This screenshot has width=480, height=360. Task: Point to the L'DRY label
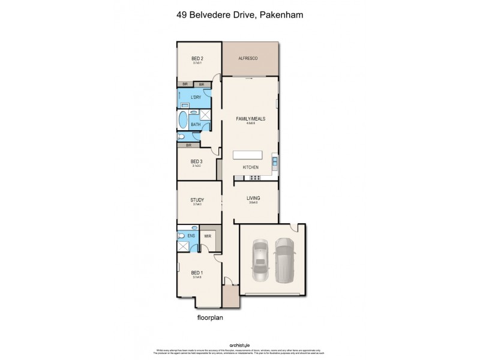(196, 97)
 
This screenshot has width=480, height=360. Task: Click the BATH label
(195, 125)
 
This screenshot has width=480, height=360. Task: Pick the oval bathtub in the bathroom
(183, 119)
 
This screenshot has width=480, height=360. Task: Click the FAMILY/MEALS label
(250, 119)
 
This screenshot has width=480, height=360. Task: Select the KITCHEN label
(250, 167)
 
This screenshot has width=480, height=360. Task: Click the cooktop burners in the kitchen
(254, 177)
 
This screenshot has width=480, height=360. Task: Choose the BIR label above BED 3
(188, 145)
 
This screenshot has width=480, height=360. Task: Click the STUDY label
(197, 200)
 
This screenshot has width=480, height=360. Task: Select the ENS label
(191, 236)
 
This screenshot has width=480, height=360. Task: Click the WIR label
(207, 236)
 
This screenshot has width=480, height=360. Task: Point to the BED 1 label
(197, 272)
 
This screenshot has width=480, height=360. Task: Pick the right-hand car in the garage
(284, 260)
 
